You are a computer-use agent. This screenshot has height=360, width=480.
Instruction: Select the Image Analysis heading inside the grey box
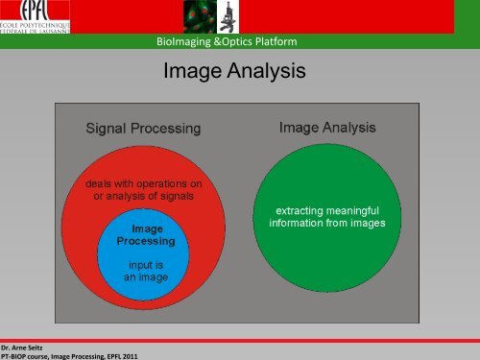(x=326, y=127)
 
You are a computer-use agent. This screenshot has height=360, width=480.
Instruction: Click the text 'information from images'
(x=326, y=224)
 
